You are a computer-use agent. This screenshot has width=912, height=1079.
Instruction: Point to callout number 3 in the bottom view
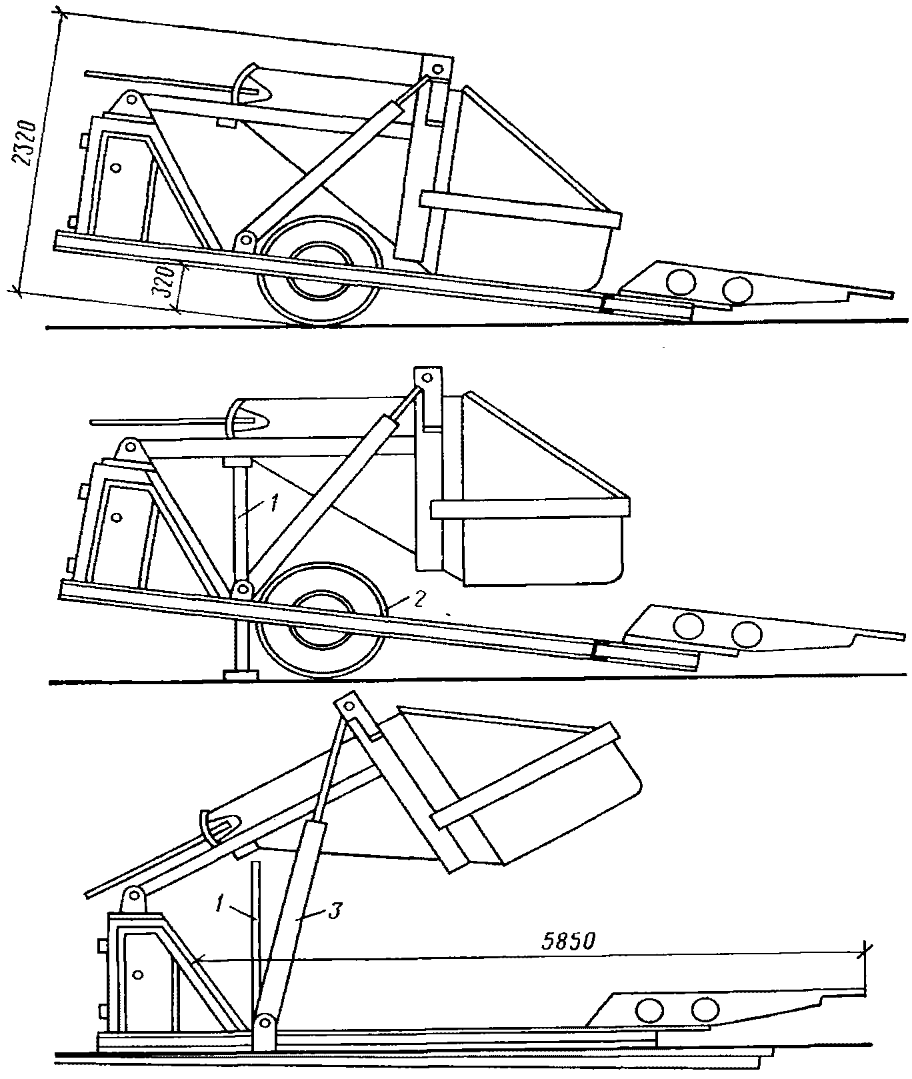click(x=335, y=910)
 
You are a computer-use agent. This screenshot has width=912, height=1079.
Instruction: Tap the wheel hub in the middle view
click(x=321, y=619)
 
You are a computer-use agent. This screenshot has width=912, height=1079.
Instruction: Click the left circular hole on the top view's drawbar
click(x=681, y=281)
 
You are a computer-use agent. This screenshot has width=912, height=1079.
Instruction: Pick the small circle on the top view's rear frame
click(x=116, y=168)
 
